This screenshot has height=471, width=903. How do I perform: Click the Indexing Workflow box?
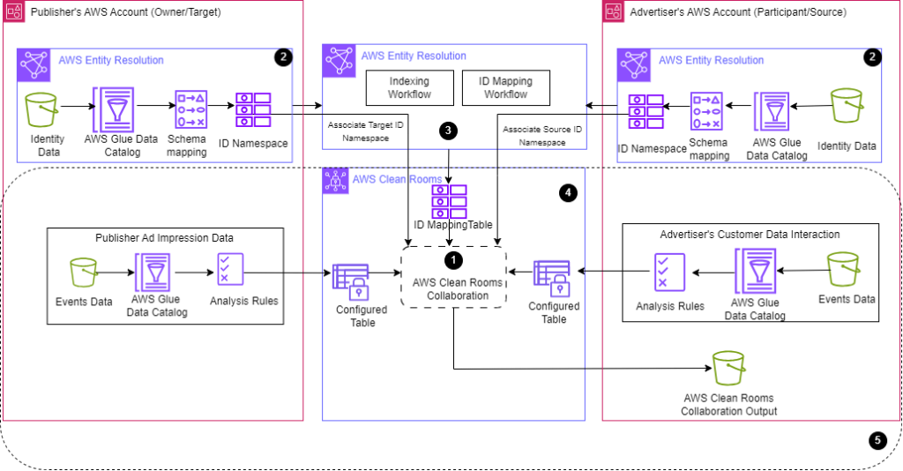[409, 88]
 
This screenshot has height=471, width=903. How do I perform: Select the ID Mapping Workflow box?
[506, 88]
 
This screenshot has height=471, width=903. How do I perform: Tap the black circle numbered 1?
[453, 260]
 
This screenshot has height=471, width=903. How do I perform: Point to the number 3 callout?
[448, 131]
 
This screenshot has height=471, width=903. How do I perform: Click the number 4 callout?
[568, 192]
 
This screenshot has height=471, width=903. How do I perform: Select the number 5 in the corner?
[877, 440]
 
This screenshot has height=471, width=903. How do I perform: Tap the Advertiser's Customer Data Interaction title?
[750, 235]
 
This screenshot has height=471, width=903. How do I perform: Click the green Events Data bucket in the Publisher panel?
[83, 273]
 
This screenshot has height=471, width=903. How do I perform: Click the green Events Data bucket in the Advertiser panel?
[843, 269]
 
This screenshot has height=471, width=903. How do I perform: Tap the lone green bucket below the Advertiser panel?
[729, 368]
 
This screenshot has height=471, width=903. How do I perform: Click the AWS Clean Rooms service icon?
[334, 181]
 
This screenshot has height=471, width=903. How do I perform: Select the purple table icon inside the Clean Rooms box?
[449, 202]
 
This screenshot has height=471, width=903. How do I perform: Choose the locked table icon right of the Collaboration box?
[551, 278]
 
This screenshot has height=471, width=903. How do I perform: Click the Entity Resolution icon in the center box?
[340, 61]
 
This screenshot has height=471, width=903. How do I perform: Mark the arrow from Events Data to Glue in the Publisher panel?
[110, 273]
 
